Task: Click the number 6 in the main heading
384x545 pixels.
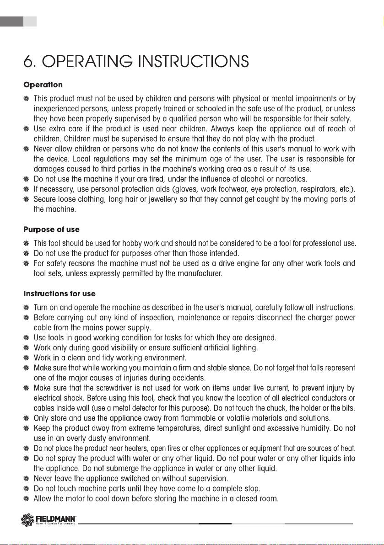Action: (29, 62)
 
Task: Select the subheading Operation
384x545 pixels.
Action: (43, 85)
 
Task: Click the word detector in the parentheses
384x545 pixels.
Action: (155, 408)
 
